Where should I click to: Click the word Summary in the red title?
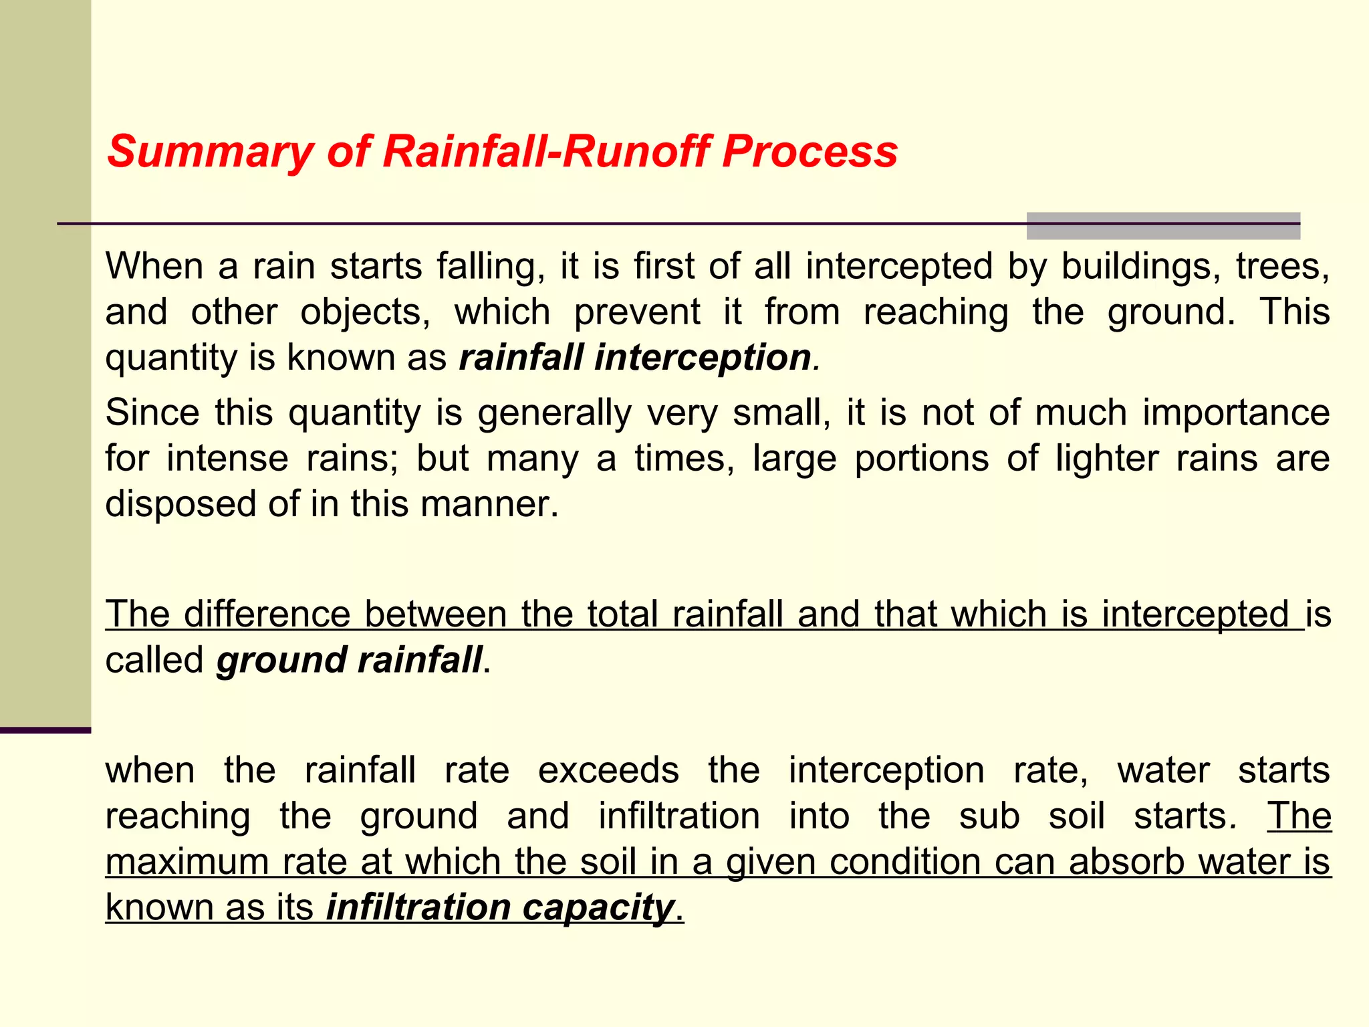(209, 152)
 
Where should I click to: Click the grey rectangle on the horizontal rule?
(1162, 226)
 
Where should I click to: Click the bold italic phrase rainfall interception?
(635, 358)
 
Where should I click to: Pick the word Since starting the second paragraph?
(152, 413)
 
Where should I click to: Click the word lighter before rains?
(1107, 459)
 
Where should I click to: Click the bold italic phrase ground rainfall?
(349, 661)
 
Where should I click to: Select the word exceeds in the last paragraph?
(608, 770)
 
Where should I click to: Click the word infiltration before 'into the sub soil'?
(678, 816)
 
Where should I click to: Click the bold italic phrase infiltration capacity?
(500, 908)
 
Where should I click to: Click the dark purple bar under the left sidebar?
(45, 730)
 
